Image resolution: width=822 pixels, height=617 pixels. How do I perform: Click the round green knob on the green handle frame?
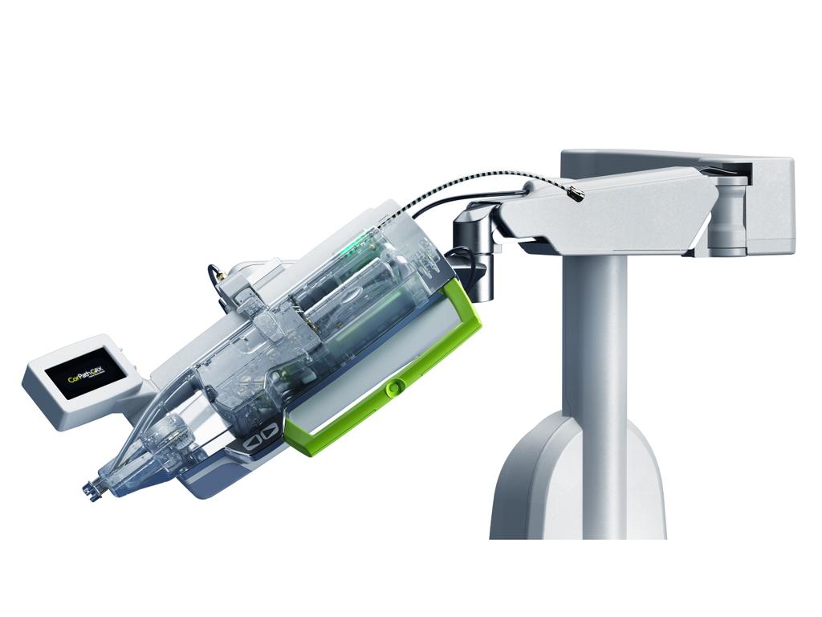tap(393, 389)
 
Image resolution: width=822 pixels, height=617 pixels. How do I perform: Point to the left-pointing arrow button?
tap(250, 439)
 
